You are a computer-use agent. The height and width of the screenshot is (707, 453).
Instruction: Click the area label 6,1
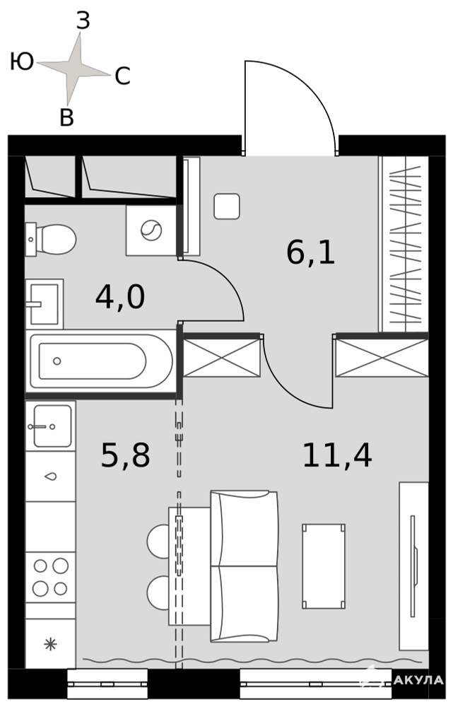tap(310, 253)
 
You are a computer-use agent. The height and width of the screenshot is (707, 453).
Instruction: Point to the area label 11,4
tap(337, 455)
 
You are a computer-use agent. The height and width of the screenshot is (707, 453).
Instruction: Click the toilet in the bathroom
tap(50, 240)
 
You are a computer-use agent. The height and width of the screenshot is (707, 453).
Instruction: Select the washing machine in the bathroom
tap(151, 230)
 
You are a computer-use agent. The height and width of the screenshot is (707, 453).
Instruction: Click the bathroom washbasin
tap(45, 303)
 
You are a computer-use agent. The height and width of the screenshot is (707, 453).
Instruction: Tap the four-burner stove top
tap(50, 577)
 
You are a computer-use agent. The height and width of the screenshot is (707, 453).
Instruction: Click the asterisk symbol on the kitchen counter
tap(50, 644)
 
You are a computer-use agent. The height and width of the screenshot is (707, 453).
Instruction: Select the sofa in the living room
tap(245, 566)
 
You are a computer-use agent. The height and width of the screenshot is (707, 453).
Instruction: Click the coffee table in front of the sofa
tap(324, 566)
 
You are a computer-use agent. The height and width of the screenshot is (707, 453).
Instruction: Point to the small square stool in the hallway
tap(227, 206)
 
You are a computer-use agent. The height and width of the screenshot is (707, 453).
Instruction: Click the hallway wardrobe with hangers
tap(403, 244)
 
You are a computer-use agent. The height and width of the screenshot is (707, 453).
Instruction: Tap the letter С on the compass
tap(122, 76)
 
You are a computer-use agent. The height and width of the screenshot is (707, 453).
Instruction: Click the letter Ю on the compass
tap(22, 62)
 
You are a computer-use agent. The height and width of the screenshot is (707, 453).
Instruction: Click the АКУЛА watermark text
tap(419, 679)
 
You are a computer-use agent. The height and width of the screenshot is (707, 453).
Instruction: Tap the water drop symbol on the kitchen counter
tap(50, 476)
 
